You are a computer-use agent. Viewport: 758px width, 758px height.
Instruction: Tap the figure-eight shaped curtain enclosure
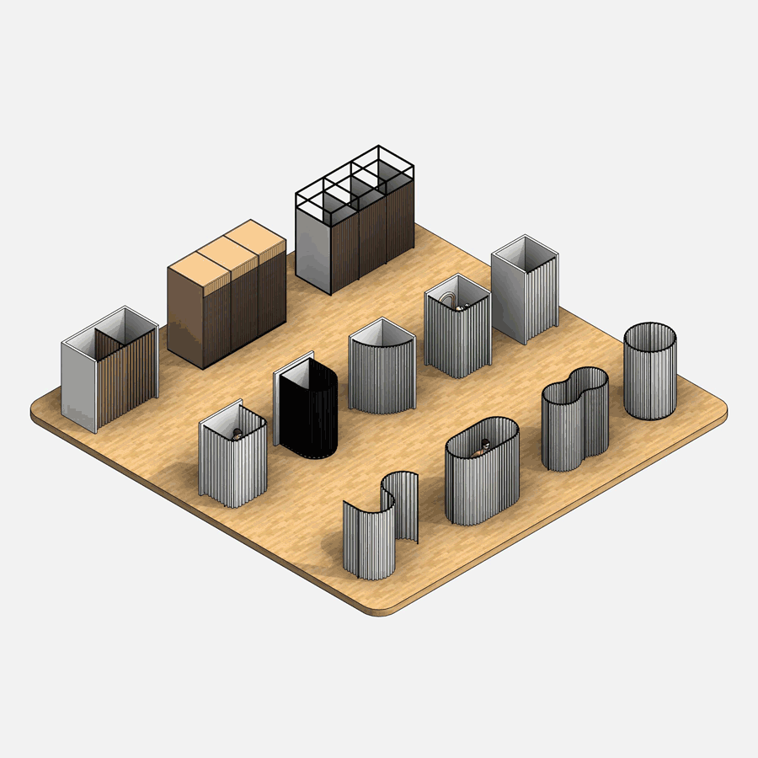pos(574,421)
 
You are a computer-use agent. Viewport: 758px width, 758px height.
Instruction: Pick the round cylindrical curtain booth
pos(649,372)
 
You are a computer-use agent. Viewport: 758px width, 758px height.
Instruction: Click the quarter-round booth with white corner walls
pos(382,371)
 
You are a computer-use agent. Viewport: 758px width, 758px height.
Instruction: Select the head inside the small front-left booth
pos(238,433)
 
